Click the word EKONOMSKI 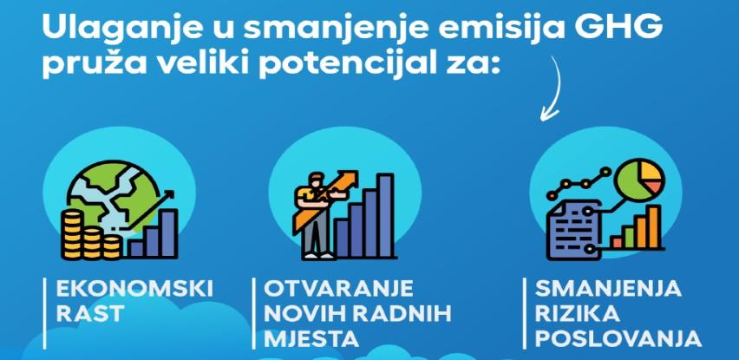point(134,289)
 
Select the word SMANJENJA point(609,289)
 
